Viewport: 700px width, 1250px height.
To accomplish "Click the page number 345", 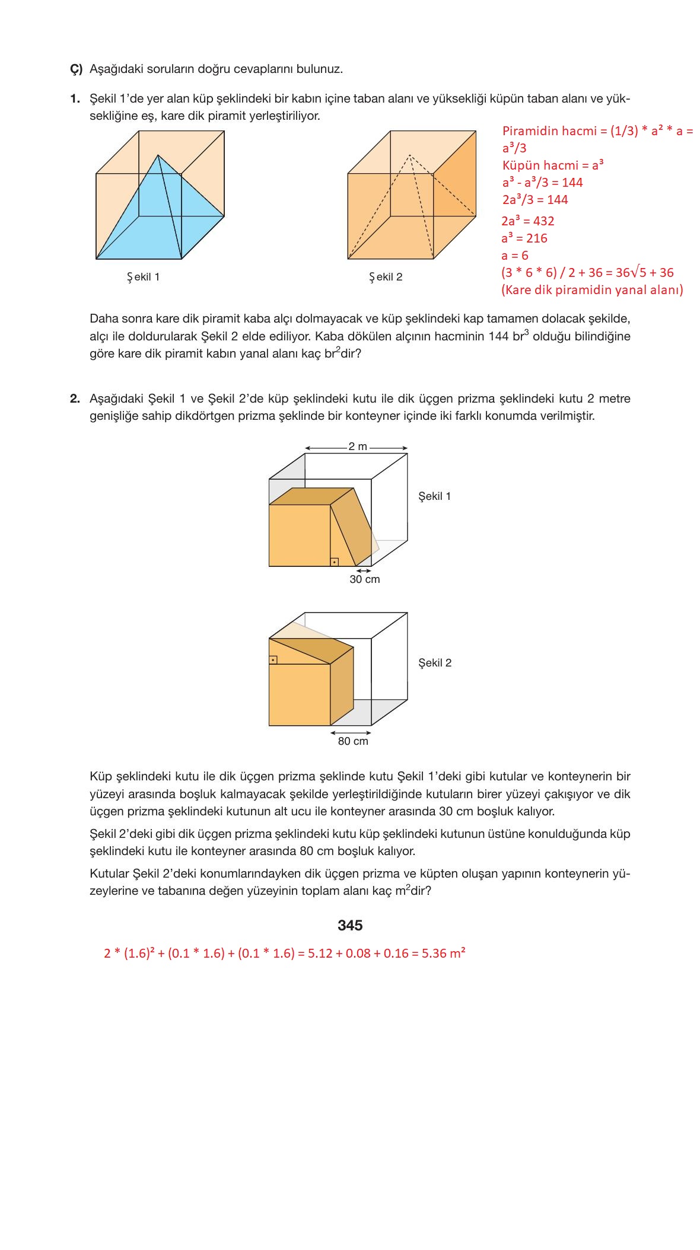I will click(349, 925).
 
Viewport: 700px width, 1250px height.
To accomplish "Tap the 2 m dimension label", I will click(357, 447).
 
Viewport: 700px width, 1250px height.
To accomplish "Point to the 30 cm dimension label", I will click(364, 579).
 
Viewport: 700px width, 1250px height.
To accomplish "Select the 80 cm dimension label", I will click(353, 741).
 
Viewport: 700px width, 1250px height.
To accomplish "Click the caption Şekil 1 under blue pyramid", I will click(143, 277).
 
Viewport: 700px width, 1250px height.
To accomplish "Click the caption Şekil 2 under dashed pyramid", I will click(386, 277).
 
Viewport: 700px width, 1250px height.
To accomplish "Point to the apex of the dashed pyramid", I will click(409, 155).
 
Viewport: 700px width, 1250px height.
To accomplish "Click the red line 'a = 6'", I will click(514, 256).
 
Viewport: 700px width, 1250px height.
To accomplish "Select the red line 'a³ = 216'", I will click(524, 238).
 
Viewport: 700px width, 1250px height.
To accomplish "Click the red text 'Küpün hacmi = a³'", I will click(552, 165).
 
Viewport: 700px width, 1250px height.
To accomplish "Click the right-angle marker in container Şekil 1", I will click(335, 562).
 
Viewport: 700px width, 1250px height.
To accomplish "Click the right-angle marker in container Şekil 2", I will click(273, 659).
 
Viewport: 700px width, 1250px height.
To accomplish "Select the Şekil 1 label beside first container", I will click(434, 496).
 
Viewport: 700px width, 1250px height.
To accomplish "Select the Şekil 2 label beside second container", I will click(434, 663).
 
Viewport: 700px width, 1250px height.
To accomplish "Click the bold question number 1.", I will click(75, 98).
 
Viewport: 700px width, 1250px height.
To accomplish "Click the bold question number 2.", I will click(75, 398).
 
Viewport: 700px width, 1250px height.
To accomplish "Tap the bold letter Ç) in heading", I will click(76, 69).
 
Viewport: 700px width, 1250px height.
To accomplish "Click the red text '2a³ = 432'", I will click(527, 221).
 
